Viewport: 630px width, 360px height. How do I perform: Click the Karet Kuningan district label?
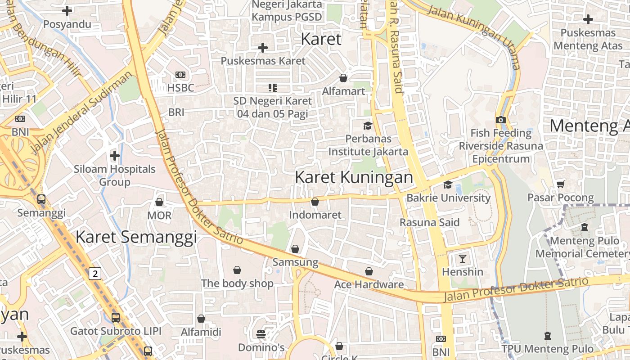click(354, 177)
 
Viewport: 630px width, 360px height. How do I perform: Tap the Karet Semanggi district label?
click(136, 237)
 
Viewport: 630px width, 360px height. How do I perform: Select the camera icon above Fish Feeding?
click(500, 120)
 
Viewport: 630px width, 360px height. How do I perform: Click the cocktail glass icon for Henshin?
click(462, 258)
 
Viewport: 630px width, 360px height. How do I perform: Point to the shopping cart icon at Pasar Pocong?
click(560, 184)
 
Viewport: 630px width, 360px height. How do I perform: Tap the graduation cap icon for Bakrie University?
click(448, 184)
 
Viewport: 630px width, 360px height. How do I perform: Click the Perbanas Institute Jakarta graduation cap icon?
click(368, 125)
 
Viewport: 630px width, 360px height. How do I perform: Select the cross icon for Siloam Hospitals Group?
click(115, 156)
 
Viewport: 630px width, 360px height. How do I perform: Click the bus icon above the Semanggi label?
click(41, 199)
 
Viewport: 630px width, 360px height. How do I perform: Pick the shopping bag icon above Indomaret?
click(315, 202)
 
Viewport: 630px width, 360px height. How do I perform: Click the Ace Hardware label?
click(369, 284)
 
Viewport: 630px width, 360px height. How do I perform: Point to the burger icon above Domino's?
click(261, 334)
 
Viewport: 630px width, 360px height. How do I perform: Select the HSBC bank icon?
click(180, 74)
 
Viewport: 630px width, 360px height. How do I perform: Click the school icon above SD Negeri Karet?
click(272, 87)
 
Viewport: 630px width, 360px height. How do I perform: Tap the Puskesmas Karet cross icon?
click(263, 47)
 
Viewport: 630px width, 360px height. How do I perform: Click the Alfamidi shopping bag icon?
click(201, 319)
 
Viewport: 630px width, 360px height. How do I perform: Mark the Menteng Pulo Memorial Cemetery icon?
click(584, 227)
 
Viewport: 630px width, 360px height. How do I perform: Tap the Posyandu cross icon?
click(67, 11)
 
